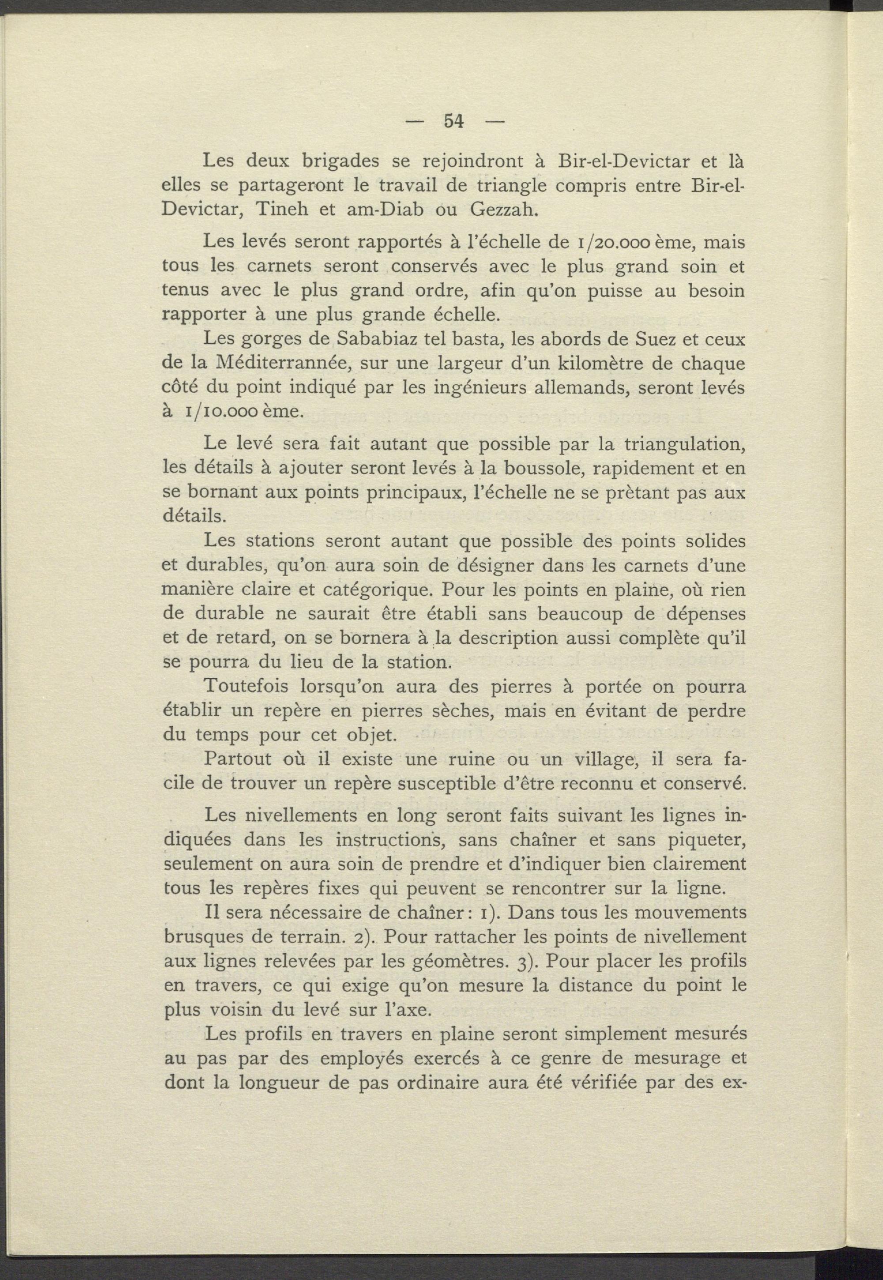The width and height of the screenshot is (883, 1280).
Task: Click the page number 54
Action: click(x=453, y=121)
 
